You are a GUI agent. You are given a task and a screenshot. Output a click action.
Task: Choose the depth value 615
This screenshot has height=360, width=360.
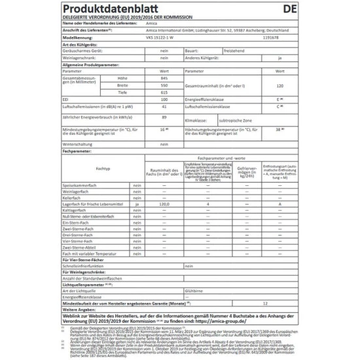[x=164, y=92]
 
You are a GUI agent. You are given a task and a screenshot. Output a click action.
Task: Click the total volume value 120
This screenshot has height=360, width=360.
[x=279, y=86]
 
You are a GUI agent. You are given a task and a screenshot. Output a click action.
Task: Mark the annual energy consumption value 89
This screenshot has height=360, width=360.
[x=164, y=118]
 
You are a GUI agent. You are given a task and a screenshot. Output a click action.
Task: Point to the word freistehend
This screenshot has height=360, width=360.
[x=234, y=51]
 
